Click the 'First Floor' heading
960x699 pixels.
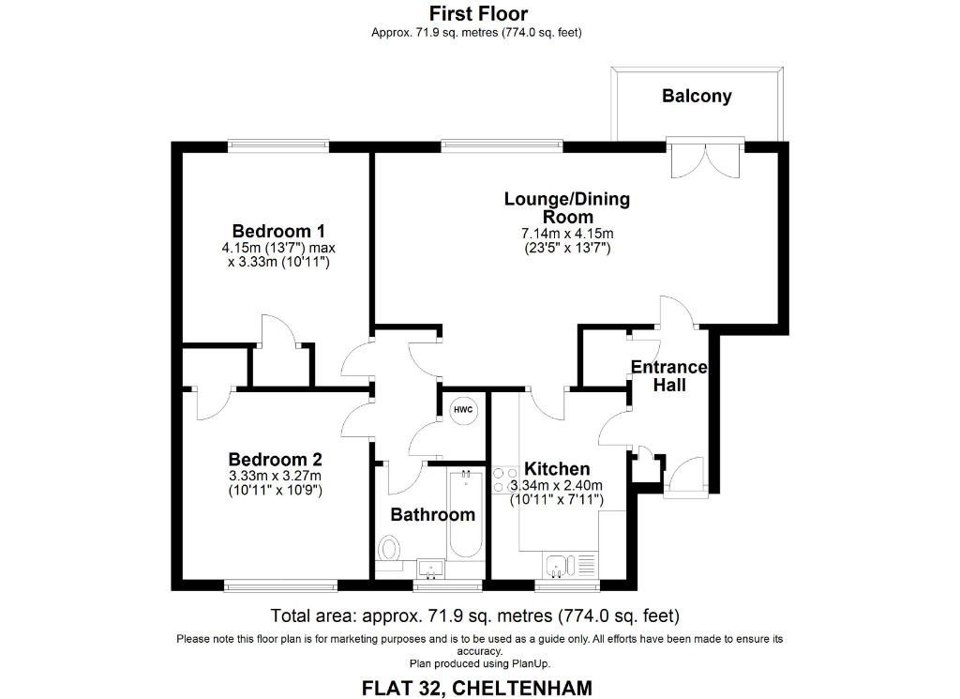[478, 13]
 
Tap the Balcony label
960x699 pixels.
[697, 96]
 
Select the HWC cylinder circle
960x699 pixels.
[463, 410]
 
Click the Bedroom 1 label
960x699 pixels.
[278, 231]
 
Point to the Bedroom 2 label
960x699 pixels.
[276, 460]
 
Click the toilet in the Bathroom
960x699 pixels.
[390, 548]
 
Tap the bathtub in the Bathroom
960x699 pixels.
[466, 516]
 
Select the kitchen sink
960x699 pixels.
[557, 564]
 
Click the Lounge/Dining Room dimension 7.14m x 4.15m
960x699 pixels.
[567, 234]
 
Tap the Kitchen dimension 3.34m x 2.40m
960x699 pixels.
[556, 485]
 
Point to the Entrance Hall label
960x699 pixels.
[669, 375]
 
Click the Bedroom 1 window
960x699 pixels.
[278, 146]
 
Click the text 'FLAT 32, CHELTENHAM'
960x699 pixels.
[477, 688]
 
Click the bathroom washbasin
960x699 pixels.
[432, 567]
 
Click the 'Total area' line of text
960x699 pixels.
[474, 616]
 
